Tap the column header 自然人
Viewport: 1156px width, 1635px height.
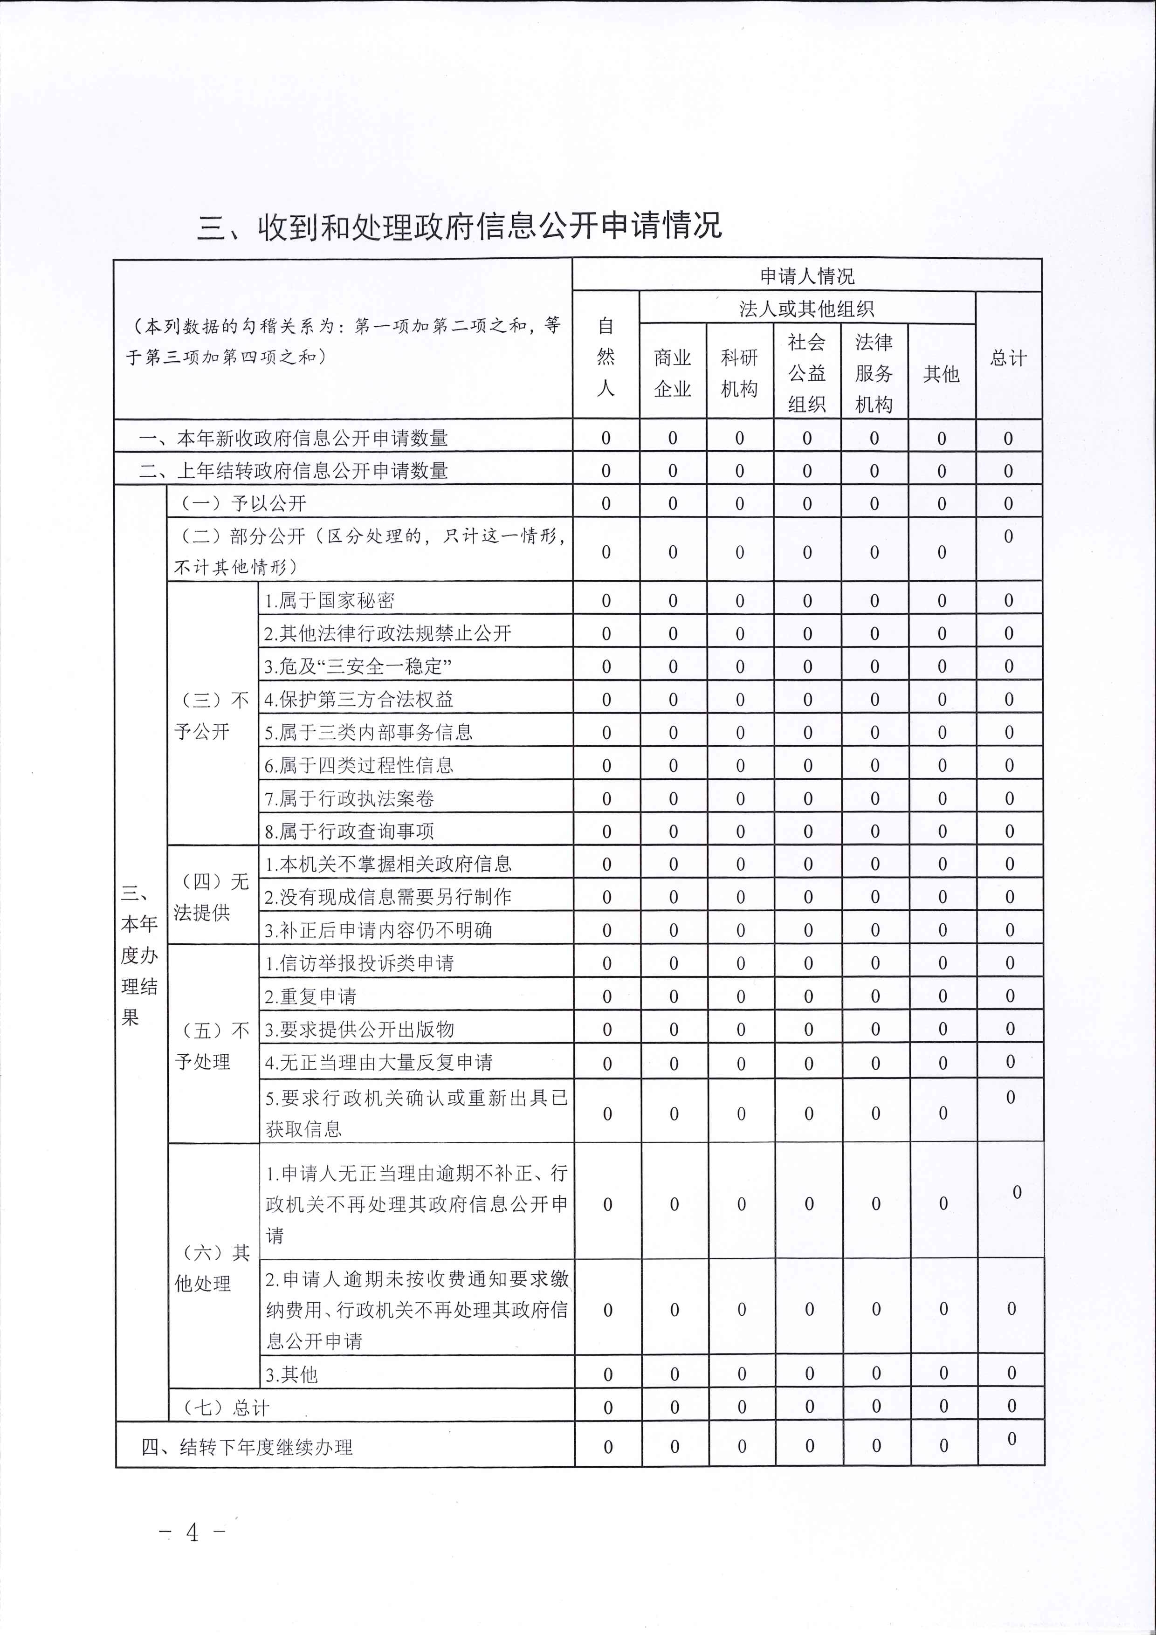point(606,357)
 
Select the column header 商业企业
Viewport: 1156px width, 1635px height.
point(672,372)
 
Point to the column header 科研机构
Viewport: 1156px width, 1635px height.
point(739,372)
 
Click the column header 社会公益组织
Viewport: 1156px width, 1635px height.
point(806,372)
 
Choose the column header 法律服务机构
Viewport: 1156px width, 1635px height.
point(874,372)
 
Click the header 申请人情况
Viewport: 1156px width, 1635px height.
point(806,275)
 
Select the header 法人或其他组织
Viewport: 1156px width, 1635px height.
point(806,309)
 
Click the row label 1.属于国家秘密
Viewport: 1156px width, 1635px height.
point(329,600)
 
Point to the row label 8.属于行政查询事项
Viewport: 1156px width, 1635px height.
point(349,831)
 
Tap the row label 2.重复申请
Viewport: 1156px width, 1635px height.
point(310,996)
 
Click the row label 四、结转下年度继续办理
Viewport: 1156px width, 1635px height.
point(247,1447)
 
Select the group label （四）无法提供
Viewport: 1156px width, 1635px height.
point(212,897)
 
